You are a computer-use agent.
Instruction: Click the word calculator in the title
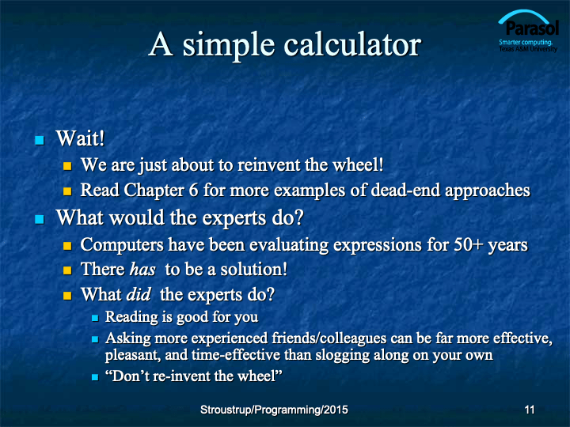351,44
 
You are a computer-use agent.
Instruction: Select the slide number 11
530,410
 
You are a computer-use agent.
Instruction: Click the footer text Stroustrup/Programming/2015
274,410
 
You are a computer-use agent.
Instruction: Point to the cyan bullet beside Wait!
40,140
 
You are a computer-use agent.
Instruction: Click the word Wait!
80,138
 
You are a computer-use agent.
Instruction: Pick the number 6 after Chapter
193,190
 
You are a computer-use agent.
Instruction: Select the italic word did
138,294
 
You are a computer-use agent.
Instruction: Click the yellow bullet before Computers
67,246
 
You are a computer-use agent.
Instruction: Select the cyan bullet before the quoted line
95,377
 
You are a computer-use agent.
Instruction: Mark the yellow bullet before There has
67,270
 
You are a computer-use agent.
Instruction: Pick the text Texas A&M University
528,49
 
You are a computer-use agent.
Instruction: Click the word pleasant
133,355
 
